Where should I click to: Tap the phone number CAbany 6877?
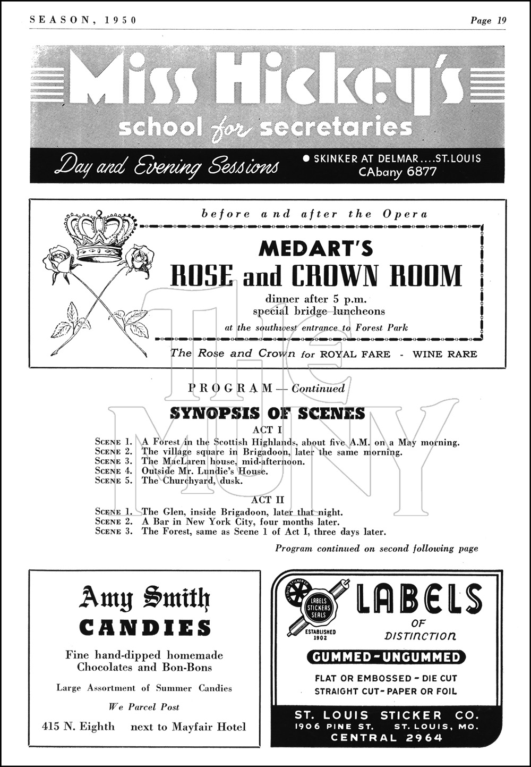coord(398,172)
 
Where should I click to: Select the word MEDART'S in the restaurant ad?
coord(315,249)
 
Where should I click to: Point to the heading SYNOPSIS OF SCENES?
coord(267,413)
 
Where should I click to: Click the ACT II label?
coord(268,500)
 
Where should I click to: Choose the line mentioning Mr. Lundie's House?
coord(204,471)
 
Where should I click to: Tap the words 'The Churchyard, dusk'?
coord(192,481)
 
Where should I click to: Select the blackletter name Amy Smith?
coord(144,599)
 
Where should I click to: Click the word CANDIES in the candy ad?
coord(145,628)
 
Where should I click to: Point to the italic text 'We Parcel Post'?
coord(144,707)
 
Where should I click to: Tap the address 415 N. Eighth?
coord(78,727)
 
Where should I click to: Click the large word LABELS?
coord(419,599)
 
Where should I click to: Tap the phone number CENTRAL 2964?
coord(386,737)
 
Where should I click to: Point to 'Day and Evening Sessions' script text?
coord(166,165)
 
